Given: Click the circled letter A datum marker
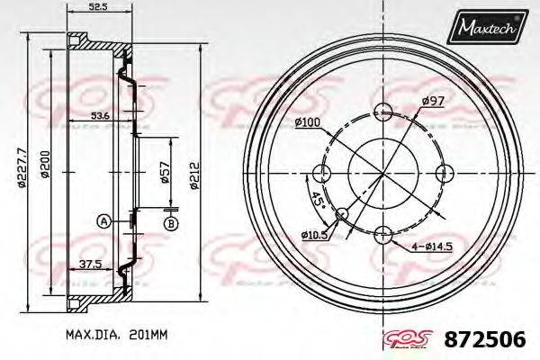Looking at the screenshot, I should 104,220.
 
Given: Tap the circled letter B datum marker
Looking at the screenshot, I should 169,222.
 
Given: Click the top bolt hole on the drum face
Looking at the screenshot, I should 384,112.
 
